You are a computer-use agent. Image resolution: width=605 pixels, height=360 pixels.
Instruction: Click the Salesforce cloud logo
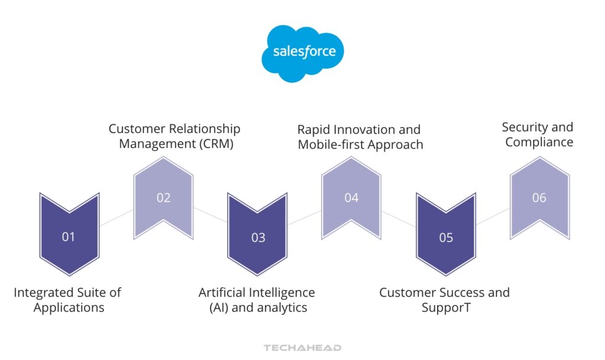pos(302,53)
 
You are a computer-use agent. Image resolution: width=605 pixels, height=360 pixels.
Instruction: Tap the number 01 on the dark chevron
pos(69,237)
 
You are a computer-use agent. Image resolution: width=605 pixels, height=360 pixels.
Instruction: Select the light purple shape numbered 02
pos(164,198)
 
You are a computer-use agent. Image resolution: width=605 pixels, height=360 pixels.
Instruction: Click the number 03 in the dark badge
pos(258,238)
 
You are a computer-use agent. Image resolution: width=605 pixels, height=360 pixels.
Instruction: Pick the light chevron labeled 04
pos(352,198)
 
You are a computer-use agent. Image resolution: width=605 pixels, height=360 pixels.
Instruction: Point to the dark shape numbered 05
pos(446,238)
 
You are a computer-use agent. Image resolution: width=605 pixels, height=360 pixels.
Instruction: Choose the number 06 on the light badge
pos(539,198)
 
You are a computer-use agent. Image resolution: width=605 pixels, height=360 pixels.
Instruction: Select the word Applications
pos(69,307)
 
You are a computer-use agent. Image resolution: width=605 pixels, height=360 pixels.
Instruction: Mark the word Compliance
pos(539,142)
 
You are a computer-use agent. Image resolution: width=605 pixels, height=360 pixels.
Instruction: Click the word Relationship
pos(205,129)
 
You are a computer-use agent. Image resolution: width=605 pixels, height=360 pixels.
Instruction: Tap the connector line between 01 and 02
pos(116,217)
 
